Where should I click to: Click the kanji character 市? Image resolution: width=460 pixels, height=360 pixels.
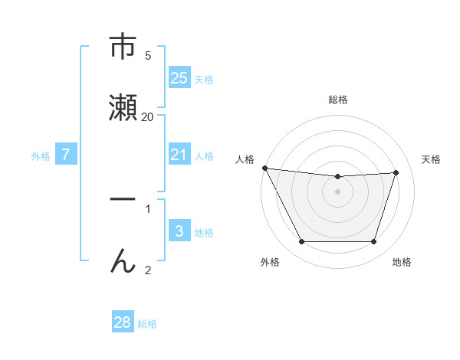click(123, 47)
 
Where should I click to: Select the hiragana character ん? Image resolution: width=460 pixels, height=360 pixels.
click(123, 260)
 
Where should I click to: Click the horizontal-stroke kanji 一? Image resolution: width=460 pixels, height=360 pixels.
click(123, 199)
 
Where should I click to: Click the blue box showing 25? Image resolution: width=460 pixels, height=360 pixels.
click(179, 78)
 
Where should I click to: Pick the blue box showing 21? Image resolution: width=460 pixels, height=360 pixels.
click(179, 155)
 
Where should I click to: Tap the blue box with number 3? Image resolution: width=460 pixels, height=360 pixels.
click(179, 231)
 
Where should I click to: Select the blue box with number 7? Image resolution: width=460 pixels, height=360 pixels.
click(66, 155)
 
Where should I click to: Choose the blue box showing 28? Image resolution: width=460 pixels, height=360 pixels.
click(123, 322)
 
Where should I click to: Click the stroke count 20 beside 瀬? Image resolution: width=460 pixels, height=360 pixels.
click(147, 117)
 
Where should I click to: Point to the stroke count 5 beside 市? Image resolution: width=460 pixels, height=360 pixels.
click(147, 56)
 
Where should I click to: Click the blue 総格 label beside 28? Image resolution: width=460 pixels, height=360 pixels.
click(147, 324)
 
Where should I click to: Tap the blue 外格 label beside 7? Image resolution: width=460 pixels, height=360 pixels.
click(41, 156)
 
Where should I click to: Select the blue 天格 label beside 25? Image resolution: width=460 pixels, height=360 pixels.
click(204, 80)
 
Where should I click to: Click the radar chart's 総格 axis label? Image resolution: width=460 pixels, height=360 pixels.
click(338, 100)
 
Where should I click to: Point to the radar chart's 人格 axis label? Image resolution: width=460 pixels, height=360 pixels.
click(245, 159)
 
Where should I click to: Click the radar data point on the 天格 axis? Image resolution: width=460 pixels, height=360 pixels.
click(396, 172)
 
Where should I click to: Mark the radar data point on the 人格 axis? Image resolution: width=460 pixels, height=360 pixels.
click(264, 168)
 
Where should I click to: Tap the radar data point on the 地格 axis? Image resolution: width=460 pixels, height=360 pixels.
click(374, 242)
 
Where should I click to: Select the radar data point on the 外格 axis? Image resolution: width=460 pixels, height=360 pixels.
click(301, 242)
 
